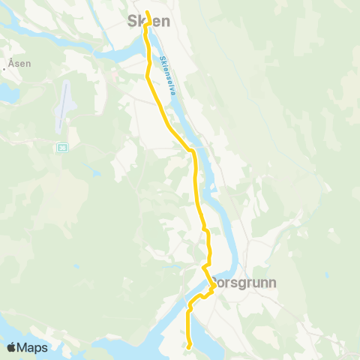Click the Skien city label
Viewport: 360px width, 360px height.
(x=151, y=22)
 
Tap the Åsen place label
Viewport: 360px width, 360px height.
(x=20, y=64)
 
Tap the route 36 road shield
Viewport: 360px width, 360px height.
(x=61, y=148)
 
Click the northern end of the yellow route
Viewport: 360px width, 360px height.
(x=148, y=12)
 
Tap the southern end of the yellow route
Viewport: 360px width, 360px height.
(x=190, y=346)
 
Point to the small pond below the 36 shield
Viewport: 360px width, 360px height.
(x=95, y=172)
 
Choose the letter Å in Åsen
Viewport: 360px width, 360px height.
(x=11, y=64)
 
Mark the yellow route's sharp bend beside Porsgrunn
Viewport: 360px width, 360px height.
(x=214, y=286)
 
